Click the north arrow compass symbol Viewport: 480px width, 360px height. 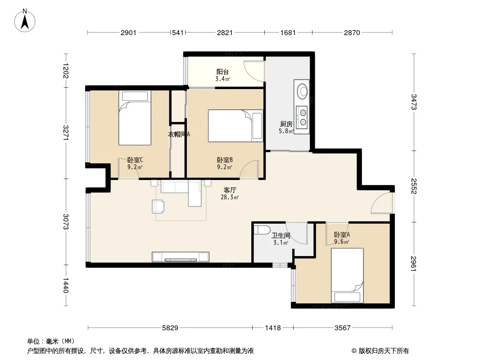pos(25,21)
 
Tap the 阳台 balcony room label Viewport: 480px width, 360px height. pos(222,72)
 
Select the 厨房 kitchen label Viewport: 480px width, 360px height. pos(286,124)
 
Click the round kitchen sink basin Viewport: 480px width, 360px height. pos(303,91)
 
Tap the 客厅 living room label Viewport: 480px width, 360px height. pos(230,190)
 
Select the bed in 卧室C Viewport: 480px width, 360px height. pos(135,118)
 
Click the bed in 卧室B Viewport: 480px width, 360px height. pos(235,126)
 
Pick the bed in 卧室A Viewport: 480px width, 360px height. pos(348,275)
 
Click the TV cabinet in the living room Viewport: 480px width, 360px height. pos(181,257)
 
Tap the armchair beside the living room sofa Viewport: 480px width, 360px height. pos(158,207)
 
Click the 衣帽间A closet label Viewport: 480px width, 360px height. pos(179,134)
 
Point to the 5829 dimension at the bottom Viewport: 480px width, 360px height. pos(170,328)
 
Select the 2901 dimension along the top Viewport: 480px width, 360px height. pos(129,33)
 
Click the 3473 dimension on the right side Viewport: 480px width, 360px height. pos(413,102)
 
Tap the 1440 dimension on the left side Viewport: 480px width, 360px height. pos(65,285)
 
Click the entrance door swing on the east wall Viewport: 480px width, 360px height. pos(381,203)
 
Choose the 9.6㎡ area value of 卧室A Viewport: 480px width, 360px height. pos(342,242)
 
